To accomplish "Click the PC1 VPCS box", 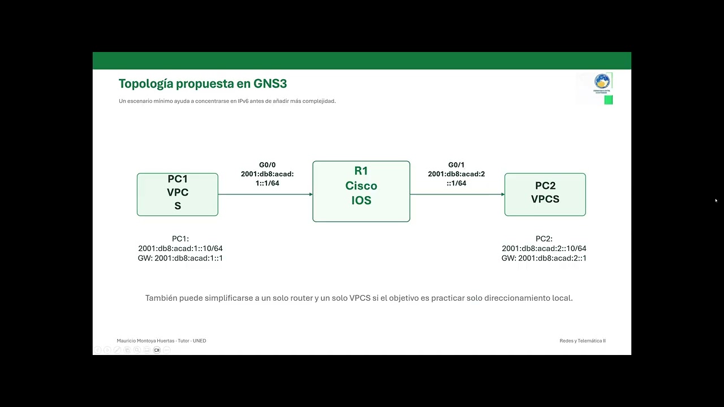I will coord(177,194).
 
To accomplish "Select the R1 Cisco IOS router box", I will coord(361,191).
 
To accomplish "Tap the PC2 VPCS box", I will coord(545,194).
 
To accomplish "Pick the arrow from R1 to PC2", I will coord(456,194).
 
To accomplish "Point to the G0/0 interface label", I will coord(267,165).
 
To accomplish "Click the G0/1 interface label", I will coord(456,165).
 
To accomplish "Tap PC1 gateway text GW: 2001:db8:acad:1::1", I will coord(180,258).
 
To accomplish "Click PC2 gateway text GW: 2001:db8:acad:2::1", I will coord(544,258).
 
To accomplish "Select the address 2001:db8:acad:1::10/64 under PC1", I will coord(180,249).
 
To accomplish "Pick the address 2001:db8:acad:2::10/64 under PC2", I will coord(544,249).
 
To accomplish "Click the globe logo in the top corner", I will coord(602,81).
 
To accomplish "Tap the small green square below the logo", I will coord(608,100).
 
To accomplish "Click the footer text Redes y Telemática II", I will coord(582,341).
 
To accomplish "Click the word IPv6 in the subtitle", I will coord(244,101).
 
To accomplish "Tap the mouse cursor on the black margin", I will coord(716,200).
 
